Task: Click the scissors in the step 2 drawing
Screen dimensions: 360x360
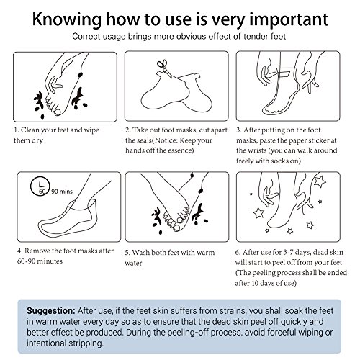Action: [163, 68]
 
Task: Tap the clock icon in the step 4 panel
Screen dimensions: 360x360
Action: [40, 186]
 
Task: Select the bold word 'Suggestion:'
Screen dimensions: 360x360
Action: [51, 310]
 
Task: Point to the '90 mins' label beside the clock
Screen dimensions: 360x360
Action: [62, 192]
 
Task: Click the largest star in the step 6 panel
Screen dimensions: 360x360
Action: [320, 181]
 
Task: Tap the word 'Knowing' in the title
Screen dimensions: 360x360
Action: [67, 19]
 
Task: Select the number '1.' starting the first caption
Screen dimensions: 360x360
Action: [17, 130]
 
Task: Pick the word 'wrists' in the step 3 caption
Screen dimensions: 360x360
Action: [256, 150]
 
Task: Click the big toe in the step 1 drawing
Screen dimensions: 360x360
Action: [58, 112]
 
